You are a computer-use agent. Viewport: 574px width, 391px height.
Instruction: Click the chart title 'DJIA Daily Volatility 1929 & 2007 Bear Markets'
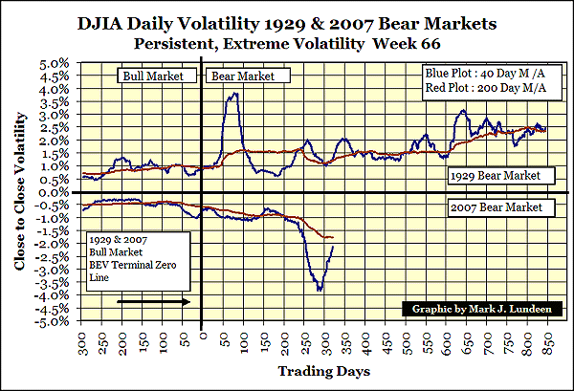pos(287,21)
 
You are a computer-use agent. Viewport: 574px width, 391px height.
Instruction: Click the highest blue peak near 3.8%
pos(233,93)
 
